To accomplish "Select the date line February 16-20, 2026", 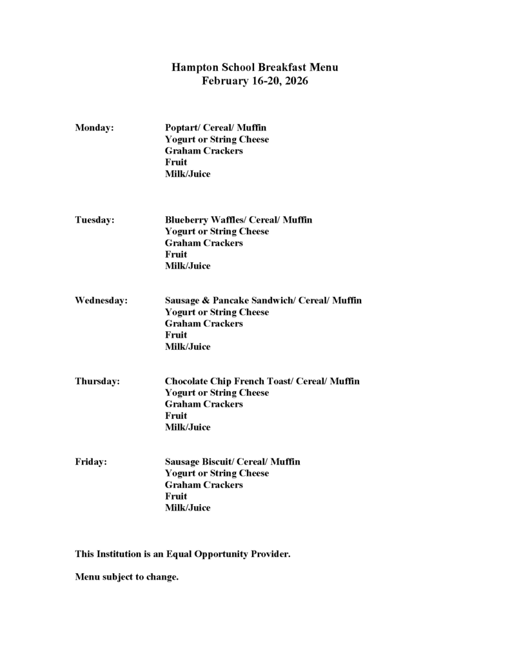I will click(255, 81).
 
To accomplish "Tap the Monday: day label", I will click(94, 128).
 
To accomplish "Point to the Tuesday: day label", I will click(95, 220).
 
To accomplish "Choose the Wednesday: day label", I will click(101, 301).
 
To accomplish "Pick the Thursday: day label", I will click(97, 381).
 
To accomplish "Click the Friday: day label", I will click(91, 462).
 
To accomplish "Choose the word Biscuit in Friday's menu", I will click(217, 462).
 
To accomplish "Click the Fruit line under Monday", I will click(176, 163).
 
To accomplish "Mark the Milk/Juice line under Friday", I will click(188, 508).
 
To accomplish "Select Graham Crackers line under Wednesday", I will click(204, 323).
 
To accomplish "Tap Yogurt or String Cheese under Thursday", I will click(217, 392).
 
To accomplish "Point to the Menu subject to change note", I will click(126, 577).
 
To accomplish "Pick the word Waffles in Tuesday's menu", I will click(223, 220).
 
